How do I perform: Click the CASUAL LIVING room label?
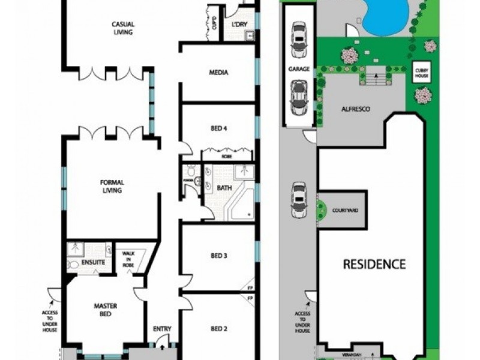122,28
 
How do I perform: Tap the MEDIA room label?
218,73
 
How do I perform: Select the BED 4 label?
218,128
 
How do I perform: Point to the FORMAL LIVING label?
112,187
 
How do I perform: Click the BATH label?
224,188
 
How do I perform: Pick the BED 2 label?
218,329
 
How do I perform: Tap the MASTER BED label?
106,310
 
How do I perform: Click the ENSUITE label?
94,263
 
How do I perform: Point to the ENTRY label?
162,329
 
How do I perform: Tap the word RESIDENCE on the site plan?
374,264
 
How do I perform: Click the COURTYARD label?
345,211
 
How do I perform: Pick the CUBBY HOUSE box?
419,73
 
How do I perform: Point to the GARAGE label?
299,69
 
